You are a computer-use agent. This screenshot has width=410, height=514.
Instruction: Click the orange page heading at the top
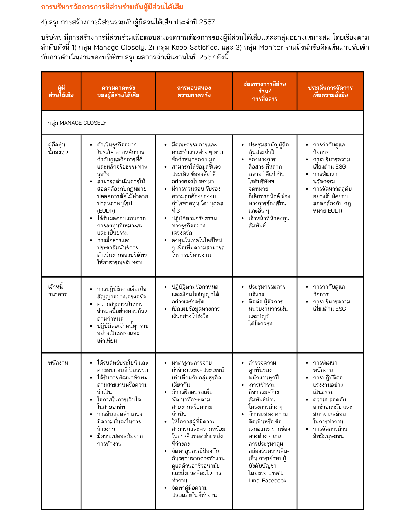[x=112, y=7]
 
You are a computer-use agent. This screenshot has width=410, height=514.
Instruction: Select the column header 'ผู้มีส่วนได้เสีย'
[x=61, y=91]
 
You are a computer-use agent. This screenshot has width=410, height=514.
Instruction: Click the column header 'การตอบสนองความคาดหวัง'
[x=194, y=91]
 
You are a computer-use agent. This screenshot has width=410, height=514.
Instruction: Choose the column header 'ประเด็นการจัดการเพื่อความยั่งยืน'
[x=330, y=91]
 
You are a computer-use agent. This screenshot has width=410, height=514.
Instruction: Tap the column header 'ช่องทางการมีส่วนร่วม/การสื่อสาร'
[x=264, y=91]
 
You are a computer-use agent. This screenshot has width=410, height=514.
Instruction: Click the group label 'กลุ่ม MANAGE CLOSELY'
[x=77, y=123]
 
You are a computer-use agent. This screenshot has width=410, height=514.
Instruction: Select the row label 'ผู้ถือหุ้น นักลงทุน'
[x=58, y=148]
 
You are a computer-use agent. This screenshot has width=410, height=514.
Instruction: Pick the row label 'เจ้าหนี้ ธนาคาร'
[x=57, y=290]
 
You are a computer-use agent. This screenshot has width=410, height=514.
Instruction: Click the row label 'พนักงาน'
[x=58, y=363]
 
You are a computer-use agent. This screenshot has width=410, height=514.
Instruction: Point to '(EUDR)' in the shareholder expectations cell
[x=106, y=211]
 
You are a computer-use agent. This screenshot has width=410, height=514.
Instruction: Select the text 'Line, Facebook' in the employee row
[x=267, y=480]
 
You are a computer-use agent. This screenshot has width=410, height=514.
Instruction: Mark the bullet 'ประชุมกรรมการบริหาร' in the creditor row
[x=267, y=290]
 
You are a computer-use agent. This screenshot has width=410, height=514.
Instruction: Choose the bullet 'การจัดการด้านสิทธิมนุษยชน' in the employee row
[x=330, y=432]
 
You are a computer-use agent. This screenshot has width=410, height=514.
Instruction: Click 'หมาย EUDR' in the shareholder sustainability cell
[x=327, y=211]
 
